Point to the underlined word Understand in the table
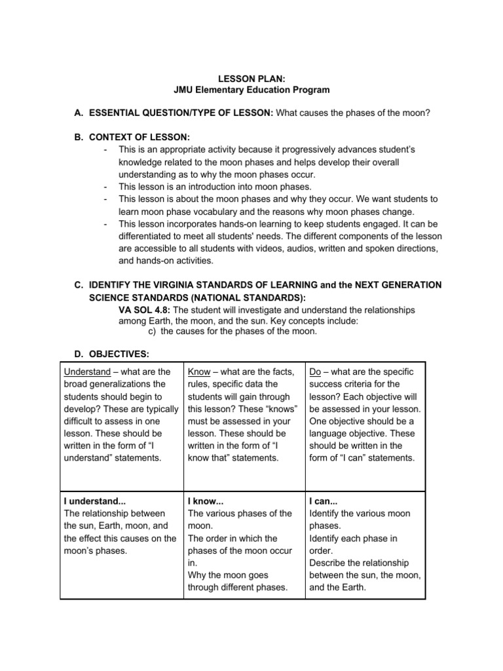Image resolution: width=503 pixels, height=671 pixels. click(x=87, y=372)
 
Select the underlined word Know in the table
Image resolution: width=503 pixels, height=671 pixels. click(x=199, y=372)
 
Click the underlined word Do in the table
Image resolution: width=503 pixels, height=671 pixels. click(x=315, y=372)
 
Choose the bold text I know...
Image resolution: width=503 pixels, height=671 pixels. click(x=206, y=501)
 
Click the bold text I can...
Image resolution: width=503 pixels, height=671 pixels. click(x=324, y=501)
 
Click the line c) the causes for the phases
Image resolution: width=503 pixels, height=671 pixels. click(x=228, y=331)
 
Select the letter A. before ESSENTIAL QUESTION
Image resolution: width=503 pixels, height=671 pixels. click(x=79, y=113)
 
